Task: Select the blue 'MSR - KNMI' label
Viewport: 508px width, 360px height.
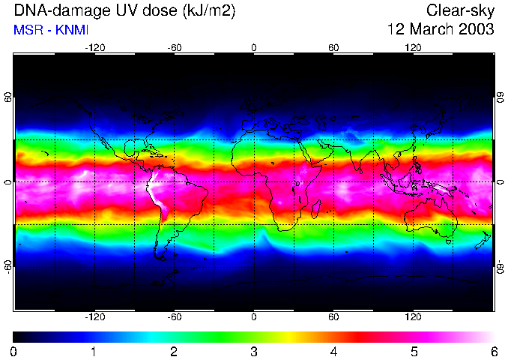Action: (46, 30)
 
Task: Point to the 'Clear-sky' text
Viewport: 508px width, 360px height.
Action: (460, 11)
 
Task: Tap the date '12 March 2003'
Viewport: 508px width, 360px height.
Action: (440, 30)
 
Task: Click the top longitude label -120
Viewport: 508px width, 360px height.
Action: (94, 47)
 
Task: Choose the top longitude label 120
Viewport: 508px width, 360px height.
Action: (414, 47)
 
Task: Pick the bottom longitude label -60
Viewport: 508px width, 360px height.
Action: (174, 317)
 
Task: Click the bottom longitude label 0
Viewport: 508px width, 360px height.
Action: (254, 317)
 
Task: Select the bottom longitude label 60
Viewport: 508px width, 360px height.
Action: (333, 317)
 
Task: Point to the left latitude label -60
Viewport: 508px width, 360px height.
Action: (8, 265)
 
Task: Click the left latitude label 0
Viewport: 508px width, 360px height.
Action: (8, 182)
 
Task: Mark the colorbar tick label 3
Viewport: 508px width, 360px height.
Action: (254, 351)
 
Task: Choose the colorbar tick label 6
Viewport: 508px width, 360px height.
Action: (493, 351)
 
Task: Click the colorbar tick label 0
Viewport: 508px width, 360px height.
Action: (14, 351)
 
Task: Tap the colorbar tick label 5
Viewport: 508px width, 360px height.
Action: (414, 351)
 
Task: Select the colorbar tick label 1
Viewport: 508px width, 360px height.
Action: (94, 351)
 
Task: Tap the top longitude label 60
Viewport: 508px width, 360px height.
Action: (333, 47)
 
